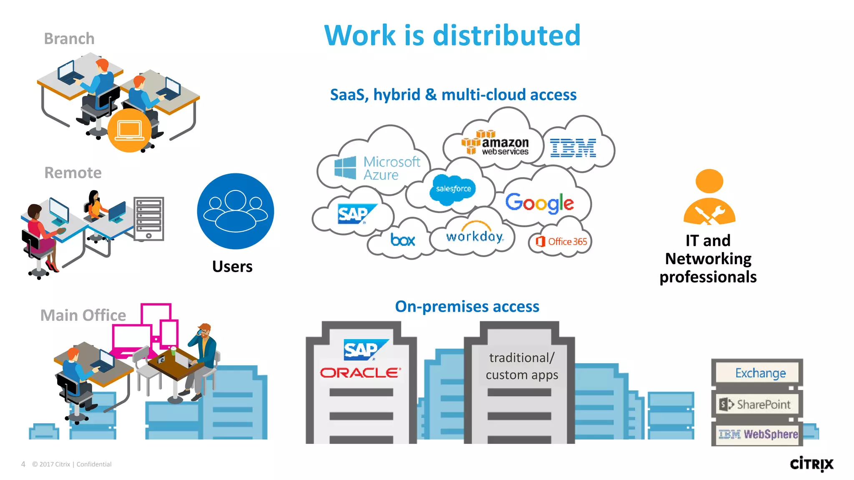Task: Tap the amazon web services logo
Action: point(495,143)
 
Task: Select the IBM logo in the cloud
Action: point(573,148)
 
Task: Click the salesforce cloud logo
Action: point(453,189)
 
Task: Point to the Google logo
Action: point(540,203)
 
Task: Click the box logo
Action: point(402,240)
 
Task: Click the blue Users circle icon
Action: point(236,211)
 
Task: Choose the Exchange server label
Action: point(760,373)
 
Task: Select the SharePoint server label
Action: point(756,404)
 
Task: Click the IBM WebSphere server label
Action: point(758,434)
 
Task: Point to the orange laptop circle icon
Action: point(129,130)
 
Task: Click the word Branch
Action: point(69,39)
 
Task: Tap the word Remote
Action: point(73,172)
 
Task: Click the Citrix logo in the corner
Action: point(811,464)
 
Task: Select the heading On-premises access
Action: point(467,306)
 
